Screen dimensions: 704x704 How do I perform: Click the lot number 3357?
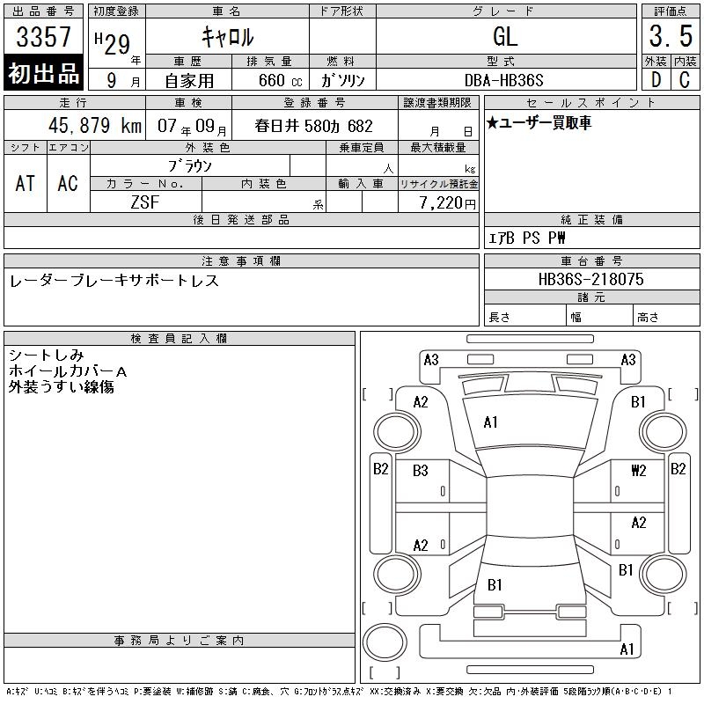pyautogui.click(x=43, y=37)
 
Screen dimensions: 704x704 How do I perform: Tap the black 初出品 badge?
pyautogui.click(x=43, y=73)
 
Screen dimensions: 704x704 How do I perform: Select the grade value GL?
pyautogui.click(x=505, y=36)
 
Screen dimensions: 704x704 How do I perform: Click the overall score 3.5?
pyautogui.click(x=671, y=36)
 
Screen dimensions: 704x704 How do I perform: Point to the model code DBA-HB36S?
pyautogui.click(x=503, y=80)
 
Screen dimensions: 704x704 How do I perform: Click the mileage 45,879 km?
pyautogui.click(x=95, y=125)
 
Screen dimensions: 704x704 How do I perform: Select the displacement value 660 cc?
pyautogui.click(x=280, y=80)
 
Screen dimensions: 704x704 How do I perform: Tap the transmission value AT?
pyautogui.click(x=26, y=183)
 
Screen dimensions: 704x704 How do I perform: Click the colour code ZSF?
pyautogui.click(x=145, y=202)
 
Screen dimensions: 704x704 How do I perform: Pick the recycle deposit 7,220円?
pyautogui.click(x=448, y=203)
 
